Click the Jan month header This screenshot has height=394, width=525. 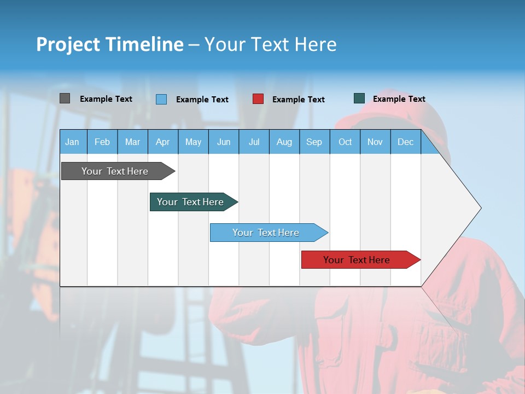(x=72, y=142)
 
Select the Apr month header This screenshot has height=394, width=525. (x=163, y=142)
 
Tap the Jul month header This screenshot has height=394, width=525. (x=254, y=142)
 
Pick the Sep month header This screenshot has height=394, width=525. (x=314, y=142)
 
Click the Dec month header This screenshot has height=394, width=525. (x=405, y=142)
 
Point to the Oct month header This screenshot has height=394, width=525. (x=345, y=142)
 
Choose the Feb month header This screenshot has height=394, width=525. (x=102, y=142)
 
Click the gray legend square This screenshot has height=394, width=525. (x=65, y=99)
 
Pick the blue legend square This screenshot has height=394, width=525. (x=161, y=99)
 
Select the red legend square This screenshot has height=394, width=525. (x=258, y=99)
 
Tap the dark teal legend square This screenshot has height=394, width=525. (x=359, y=99)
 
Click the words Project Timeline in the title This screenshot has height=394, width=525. (x=110, y=44)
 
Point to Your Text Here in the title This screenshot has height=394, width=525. (x=270, y=44)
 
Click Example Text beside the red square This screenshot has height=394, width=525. (x=298, y=100)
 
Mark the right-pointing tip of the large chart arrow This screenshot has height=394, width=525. (x=480, y=208)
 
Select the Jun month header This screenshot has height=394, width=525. (x=224, y=142)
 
